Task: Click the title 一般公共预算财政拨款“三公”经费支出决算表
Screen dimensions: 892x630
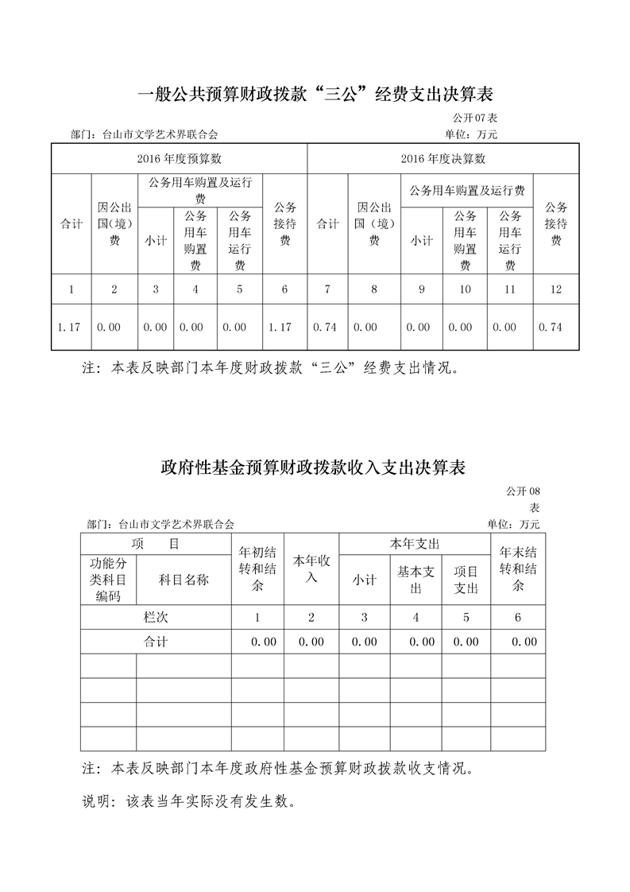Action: click(315, 95)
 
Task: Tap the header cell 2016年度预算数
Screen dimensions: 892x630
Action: click(180, 158)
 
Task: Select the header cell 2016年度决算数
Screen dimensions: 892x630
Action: click(443, 158)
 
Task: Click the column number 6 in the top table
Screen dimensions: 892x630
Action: click(284, 289)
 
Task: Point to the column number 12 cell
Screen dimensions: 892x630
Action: click(555, 289)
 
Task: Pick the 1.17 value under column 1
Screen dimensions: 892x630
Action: click(72, 327)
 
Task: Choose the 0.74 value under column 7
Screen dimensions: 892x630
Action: click(327, 327)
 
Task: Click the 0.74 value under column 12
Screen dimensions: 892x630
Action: click(555, 327)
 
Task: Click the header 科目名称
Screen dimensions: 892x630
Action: click(184, 580)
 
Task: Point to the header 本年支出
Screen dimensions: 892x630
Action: click(414, 545)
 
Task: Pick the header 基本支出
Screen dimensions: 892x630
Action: click(415, 580)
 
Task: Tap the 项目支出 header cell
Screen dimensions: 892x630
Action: click(466, 580)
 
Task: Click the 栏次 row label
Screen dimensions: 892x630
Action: click(156, 617)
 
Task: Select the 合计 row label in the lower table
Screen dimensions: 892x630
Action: click(156, 642)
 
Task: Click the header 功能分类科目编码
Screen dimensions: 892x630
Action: click(108, 580)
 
